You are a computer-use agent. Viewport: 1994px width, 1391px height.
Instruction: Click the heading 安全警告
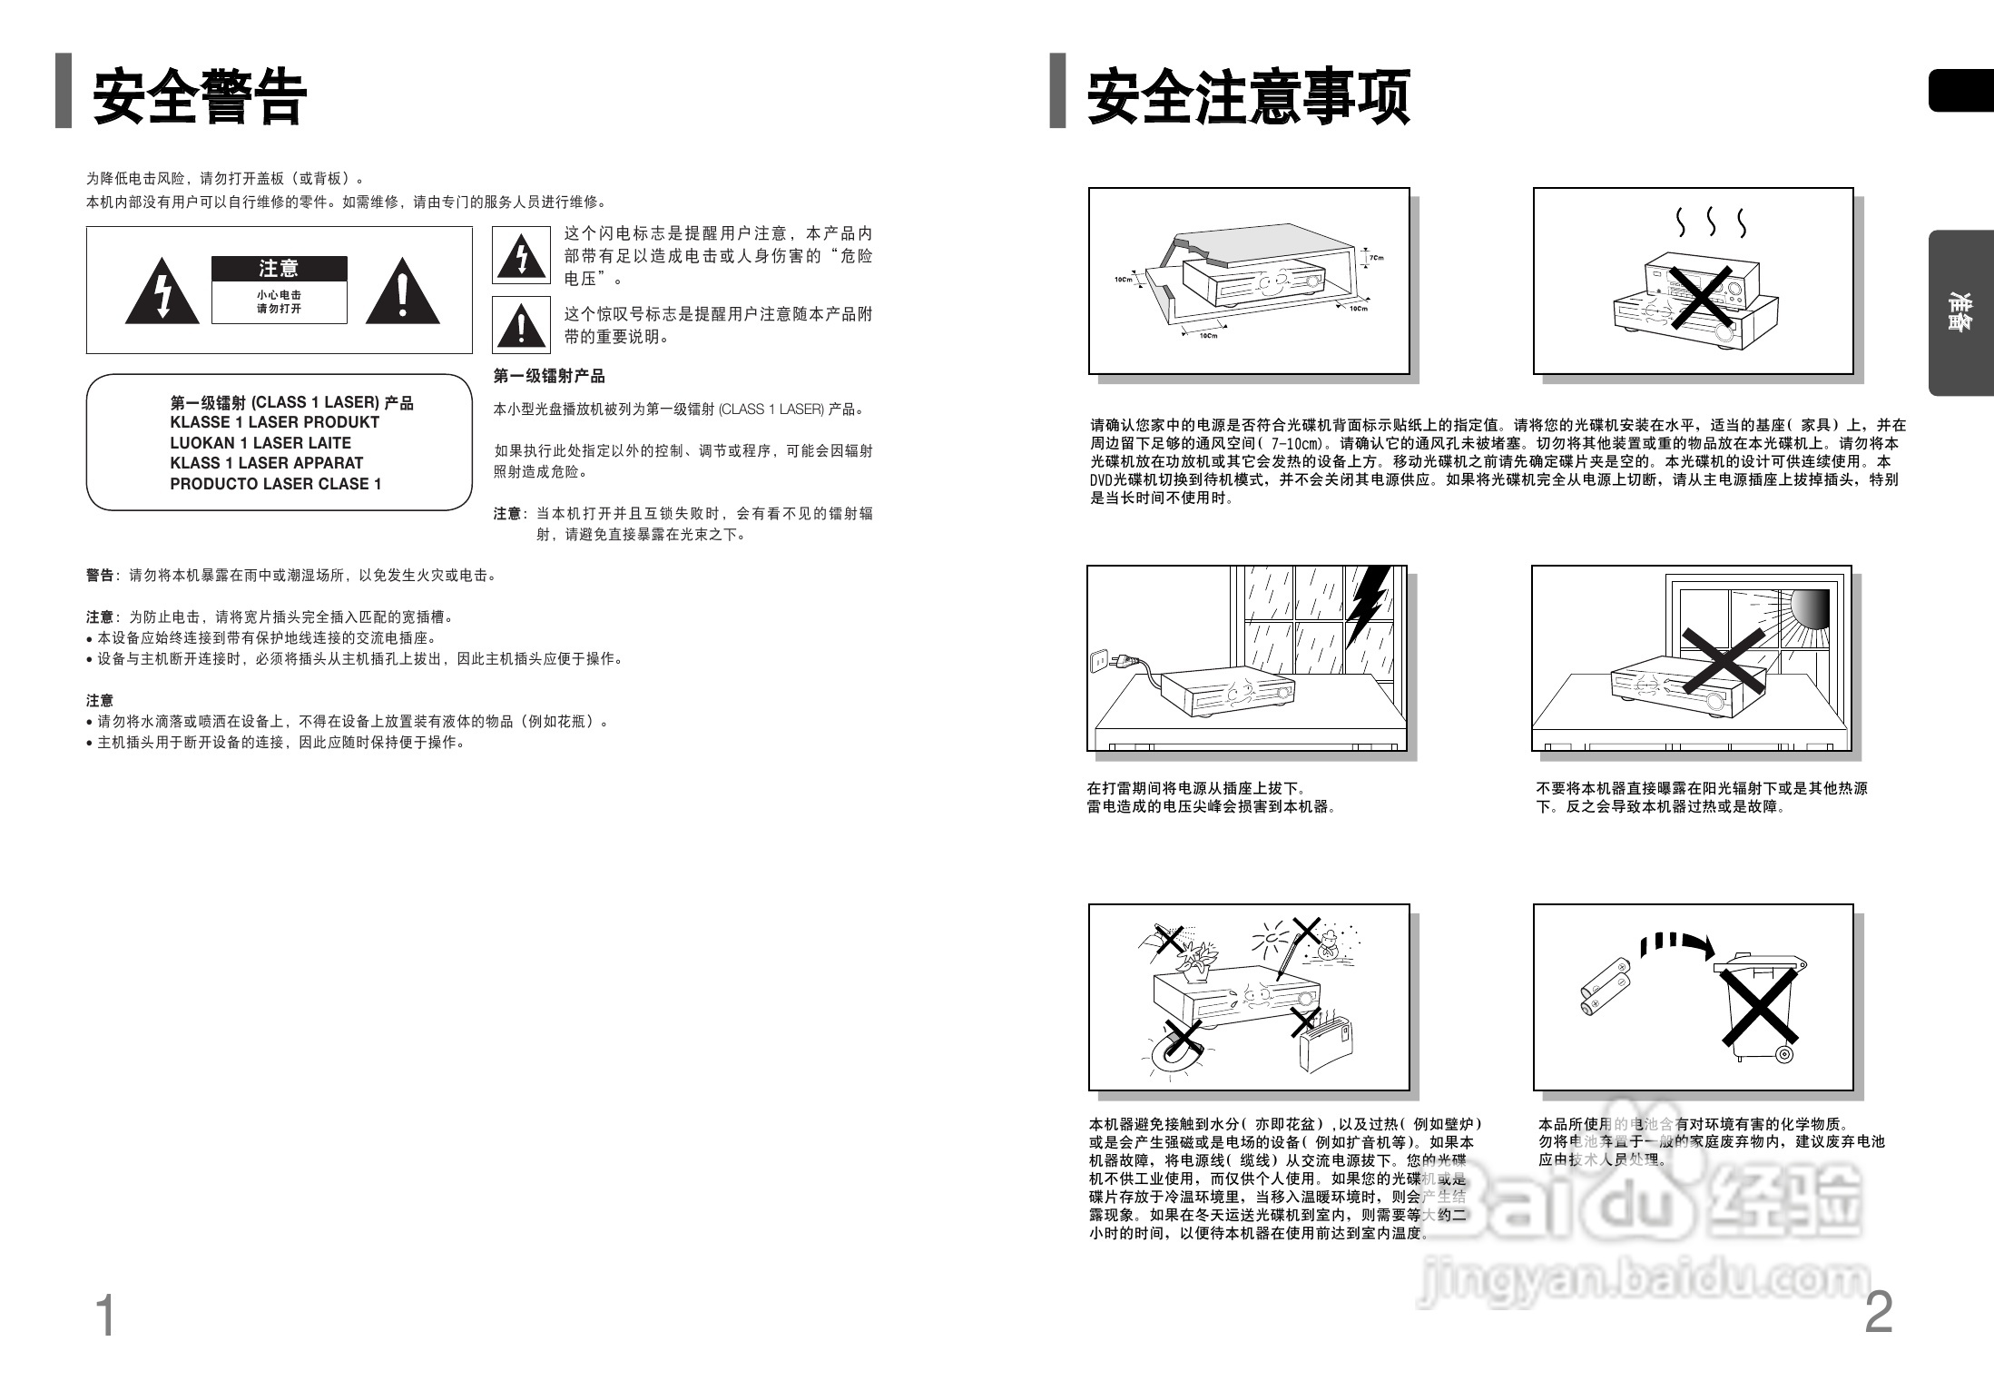[200, 97]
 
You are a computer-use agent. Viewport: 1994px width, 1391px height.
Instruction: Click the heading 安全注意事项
[1249, 97]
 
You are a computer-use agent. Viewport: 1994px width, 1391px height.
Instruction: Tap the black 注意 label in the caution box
[279, 269]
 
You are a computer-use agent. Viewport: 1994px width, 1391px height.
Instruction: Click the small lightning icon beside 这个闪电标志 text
[521, 256]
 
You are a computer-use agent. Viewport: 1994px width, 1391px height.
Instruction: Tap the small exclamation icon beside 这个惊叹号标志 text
[521, 325]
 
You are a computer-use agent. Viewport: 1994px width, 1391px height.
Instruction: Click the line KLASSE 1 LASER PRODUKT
[274, 422]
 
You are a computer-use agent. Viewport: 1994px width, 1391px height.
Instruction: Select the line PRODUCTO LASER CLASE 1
[275, 484]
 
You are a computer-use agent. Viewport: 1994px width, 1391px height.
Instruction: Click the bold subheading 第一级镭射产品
[548, 376]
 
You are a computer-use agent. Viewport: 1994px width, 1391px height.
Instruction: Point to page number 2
[1878, 1313]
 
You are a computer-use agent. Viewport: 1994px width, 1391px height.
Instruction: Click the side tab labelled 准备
[1960, 313]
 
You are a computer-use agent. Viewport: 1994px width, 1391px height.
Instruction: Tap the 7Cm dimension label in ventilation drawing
[1376, 258]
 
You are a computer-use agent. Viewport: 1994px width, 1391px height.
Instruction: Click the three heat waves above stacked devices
[1711, 222]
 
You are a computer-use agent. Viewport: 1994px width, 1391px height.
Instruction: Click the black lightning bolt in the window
[1367, 603]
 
